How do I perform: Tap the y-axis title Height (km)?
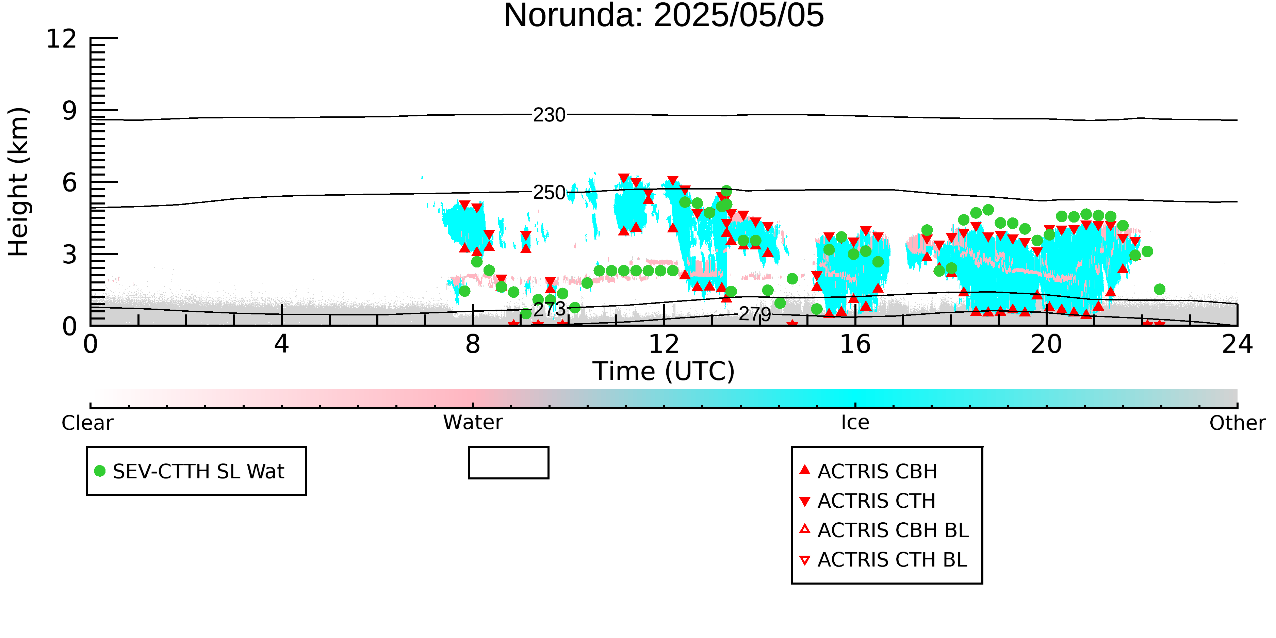point(19,182)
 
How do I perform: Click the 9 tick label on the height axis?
point(70,111)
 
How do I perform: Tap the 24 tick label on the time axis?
point(1237,344)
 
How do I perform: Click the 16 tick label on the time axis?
point(855,344)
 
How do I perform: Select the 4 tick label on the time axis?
point(281,344)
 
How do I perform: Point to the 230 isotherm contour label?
point(549,115)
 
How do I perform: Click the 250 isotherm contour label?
point(549,192)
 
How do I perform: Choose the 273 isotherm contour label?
point(549,310)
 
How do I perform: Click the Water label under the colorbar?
point(473,423)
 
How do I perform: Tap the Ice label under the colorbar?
point(855,423)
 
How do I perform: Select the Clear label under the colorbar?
point(87,423)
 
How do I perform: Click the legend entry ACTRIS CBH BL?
point(884,530)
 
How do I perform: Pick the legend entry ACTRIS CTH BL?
point(883,560)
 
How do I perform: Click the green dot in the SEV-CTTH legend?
point(100,471)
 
